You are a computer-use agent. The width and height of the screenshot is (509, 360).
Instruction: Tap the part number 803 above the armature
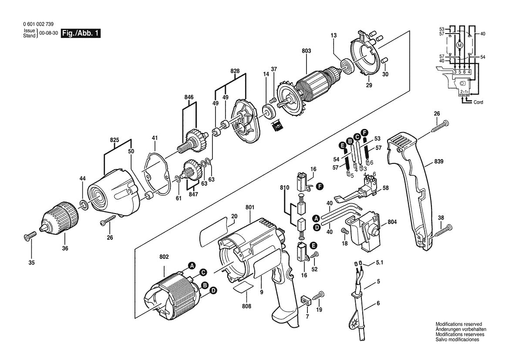point(306,51)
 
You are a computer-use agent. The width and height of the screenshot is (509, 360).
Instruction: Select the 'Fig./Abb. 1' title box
point(81,34)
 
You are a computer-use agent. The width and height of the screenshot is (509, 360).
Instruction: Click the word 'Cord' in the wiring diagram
point(478,102)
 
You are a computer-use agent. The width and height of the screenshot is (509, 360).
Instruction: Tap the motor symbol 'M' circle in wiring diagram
point(459,45)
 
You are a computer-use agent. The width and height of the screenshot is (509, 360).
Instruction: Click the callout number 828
point(235,71)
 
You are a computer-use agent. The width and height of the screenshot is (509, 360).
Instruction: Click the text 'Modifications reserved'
point(458,324)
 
